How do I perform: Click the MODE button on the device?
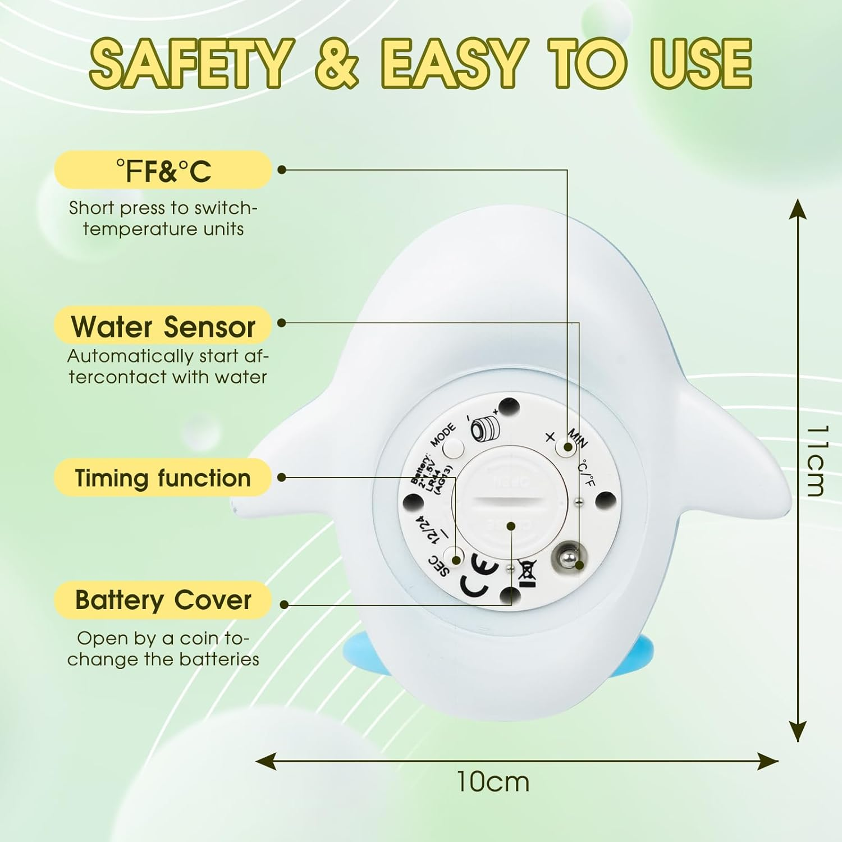tap(453, 448)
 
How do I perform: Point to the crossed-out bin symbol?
tap(528, 573)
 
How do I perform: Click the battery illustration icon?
tap(483, 428)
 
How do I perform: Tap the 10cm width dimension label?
tap(492, 782)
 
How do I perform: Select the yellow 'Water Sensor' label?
tap(163, 326)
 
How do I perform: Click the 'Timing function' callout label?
tap(163, 478)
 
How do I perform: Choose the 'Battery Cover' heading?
tap(163, 600)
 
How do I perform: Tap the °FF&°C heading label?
tap(163, 171)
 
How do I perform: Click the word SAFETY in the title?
tap(191, 63)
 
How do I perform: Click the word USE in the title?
tap(701, 63)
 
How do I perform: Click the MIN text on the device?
tap(578, 438)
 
